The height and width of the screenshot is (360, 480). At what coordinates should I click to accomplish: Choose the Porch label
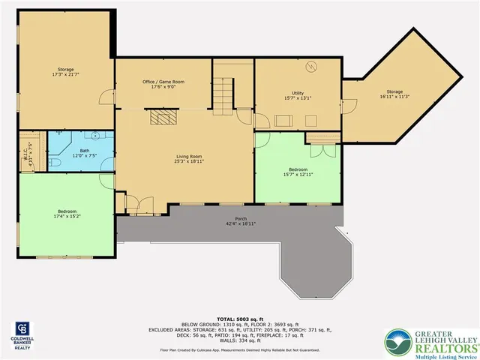[x=241, y=218]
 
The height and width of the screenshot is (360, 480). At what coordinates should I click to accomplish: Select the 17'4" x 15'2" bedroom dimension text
[x=67, y=216]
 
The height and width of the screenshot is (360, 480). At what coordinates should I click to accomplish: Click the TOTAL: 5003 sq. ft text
[x=239, y=319]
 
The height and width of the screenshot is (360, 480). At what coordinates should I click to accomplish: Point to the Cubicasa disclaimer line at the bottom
[x=239, y=350]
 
